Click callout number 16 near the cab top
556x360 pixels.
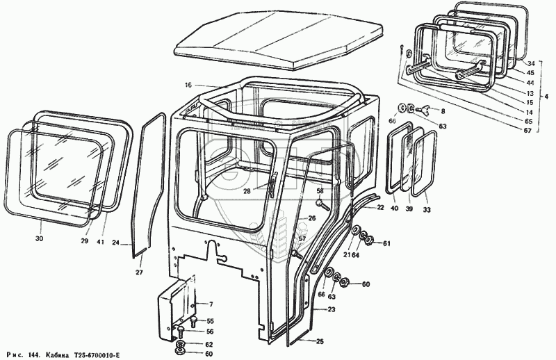coord(187,85)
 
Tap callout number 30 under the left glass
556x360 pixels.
coord(40,239)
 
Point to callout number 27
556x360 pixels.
coord(139,273)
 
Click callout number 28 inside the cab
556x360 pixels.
coord(247,190)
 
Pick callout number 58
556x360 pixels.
coord(320,191)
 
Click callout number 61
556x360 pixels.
coord(386,243)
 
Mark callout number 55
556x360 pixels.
coord(211,321)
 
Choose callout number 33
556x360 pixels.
coord(426,209)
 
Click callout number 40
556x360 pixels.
coord(394,209)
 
